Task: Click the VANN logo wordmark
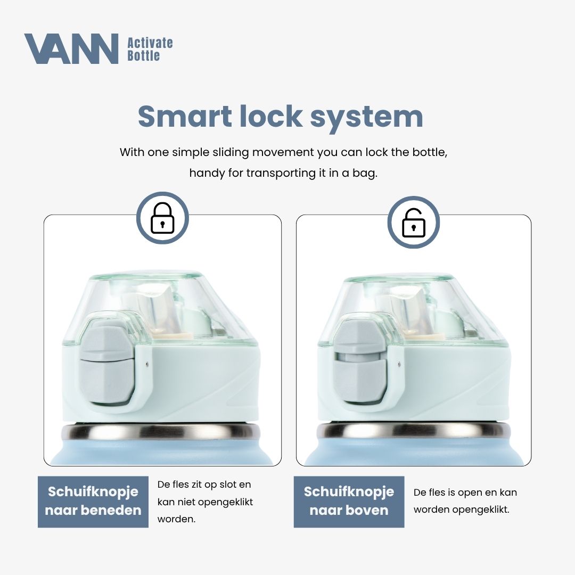(x=71, y=48)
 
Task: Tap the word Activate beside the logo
(x=150, y=43)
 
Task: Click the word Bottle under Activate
(x=143, y=55)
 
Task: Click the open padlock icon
(x=413, y=223)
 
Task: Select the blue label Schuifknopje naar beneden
(x=93, y=502)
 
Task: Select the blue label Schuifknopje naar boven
(x=349, y=502)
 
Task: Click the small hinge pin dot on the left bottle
(x=147, y=365)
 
